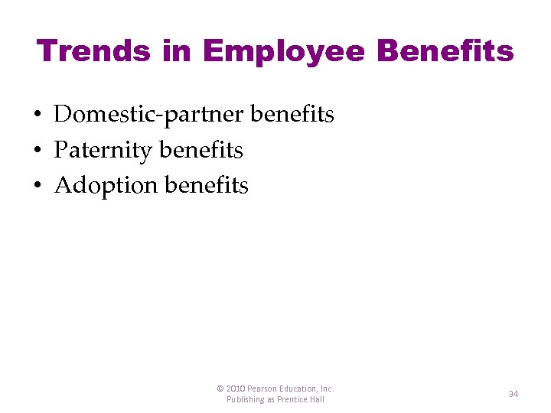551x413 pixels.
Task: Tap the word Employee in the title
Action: [285, 51]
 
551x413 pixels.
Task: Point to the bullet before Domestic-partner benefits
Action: [37, 115]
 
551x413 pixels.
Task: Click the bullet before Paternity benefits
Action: [37, 151]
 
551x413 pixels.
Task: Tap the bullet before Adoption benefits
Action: [37, 186]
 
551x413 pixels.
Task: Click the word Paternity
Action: [103, 150]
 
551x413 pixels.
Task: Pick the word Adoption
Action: [106, 186]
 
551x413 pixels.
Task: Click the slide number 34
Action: [514, 394]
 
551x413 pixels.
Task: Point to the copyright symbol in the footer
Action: [220, 389]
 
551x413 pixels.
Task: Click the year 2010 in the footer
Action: [236, 389]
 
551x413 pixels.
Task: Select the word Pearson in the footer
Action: [264, 389]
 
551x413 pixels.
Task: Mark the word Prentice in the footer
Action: [293, 399]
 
